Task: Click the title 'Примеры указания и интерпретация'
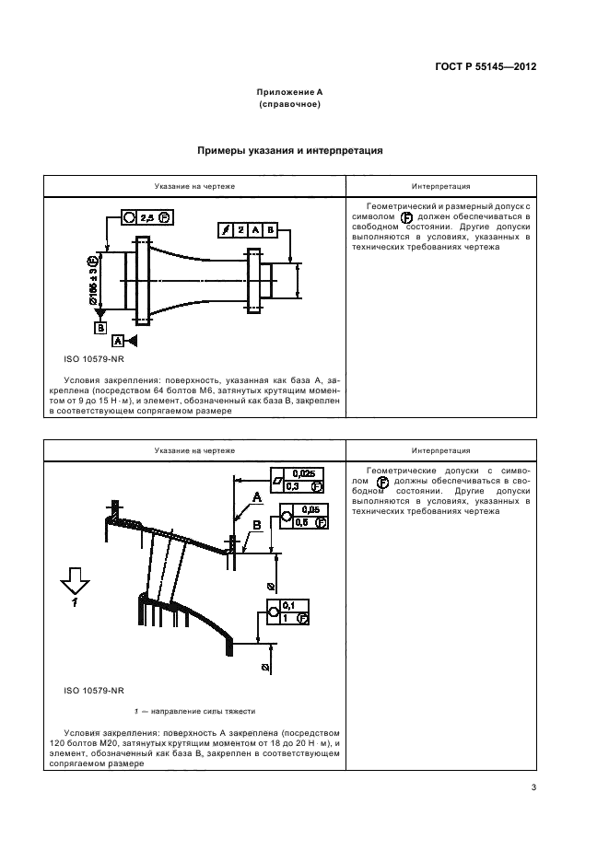(290, 150)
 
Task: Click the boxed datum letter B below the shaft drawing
(99, 326)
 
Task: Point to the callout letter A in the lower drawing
(257, 498)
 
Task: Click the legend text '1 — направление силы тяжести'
(194, 712)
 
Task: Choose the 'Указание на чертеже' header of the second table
(195, 450)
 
